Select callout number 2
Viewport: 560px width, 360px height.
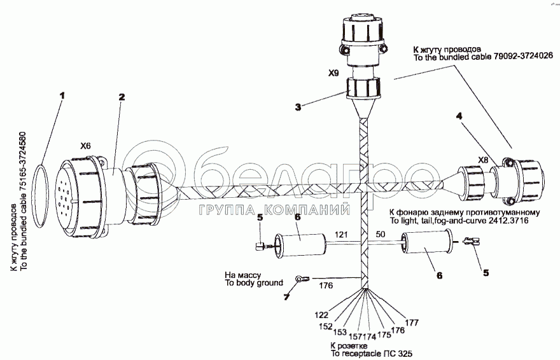coord(121,97)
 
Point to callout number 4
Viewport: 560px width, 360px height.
coord(459,116)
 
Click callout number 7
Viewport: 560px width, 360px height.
coord(286,298)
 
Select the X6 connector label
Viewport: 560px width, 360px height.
coord(85,146)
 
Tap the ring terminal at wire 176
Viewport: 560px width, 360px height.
coord(299,278)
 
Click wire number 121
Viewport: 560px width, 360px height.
coord(342,235)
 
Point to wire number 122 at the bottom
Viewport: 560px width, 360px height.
coord(322,315)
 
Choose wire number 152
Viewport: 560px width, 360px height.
coord(326,326)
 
